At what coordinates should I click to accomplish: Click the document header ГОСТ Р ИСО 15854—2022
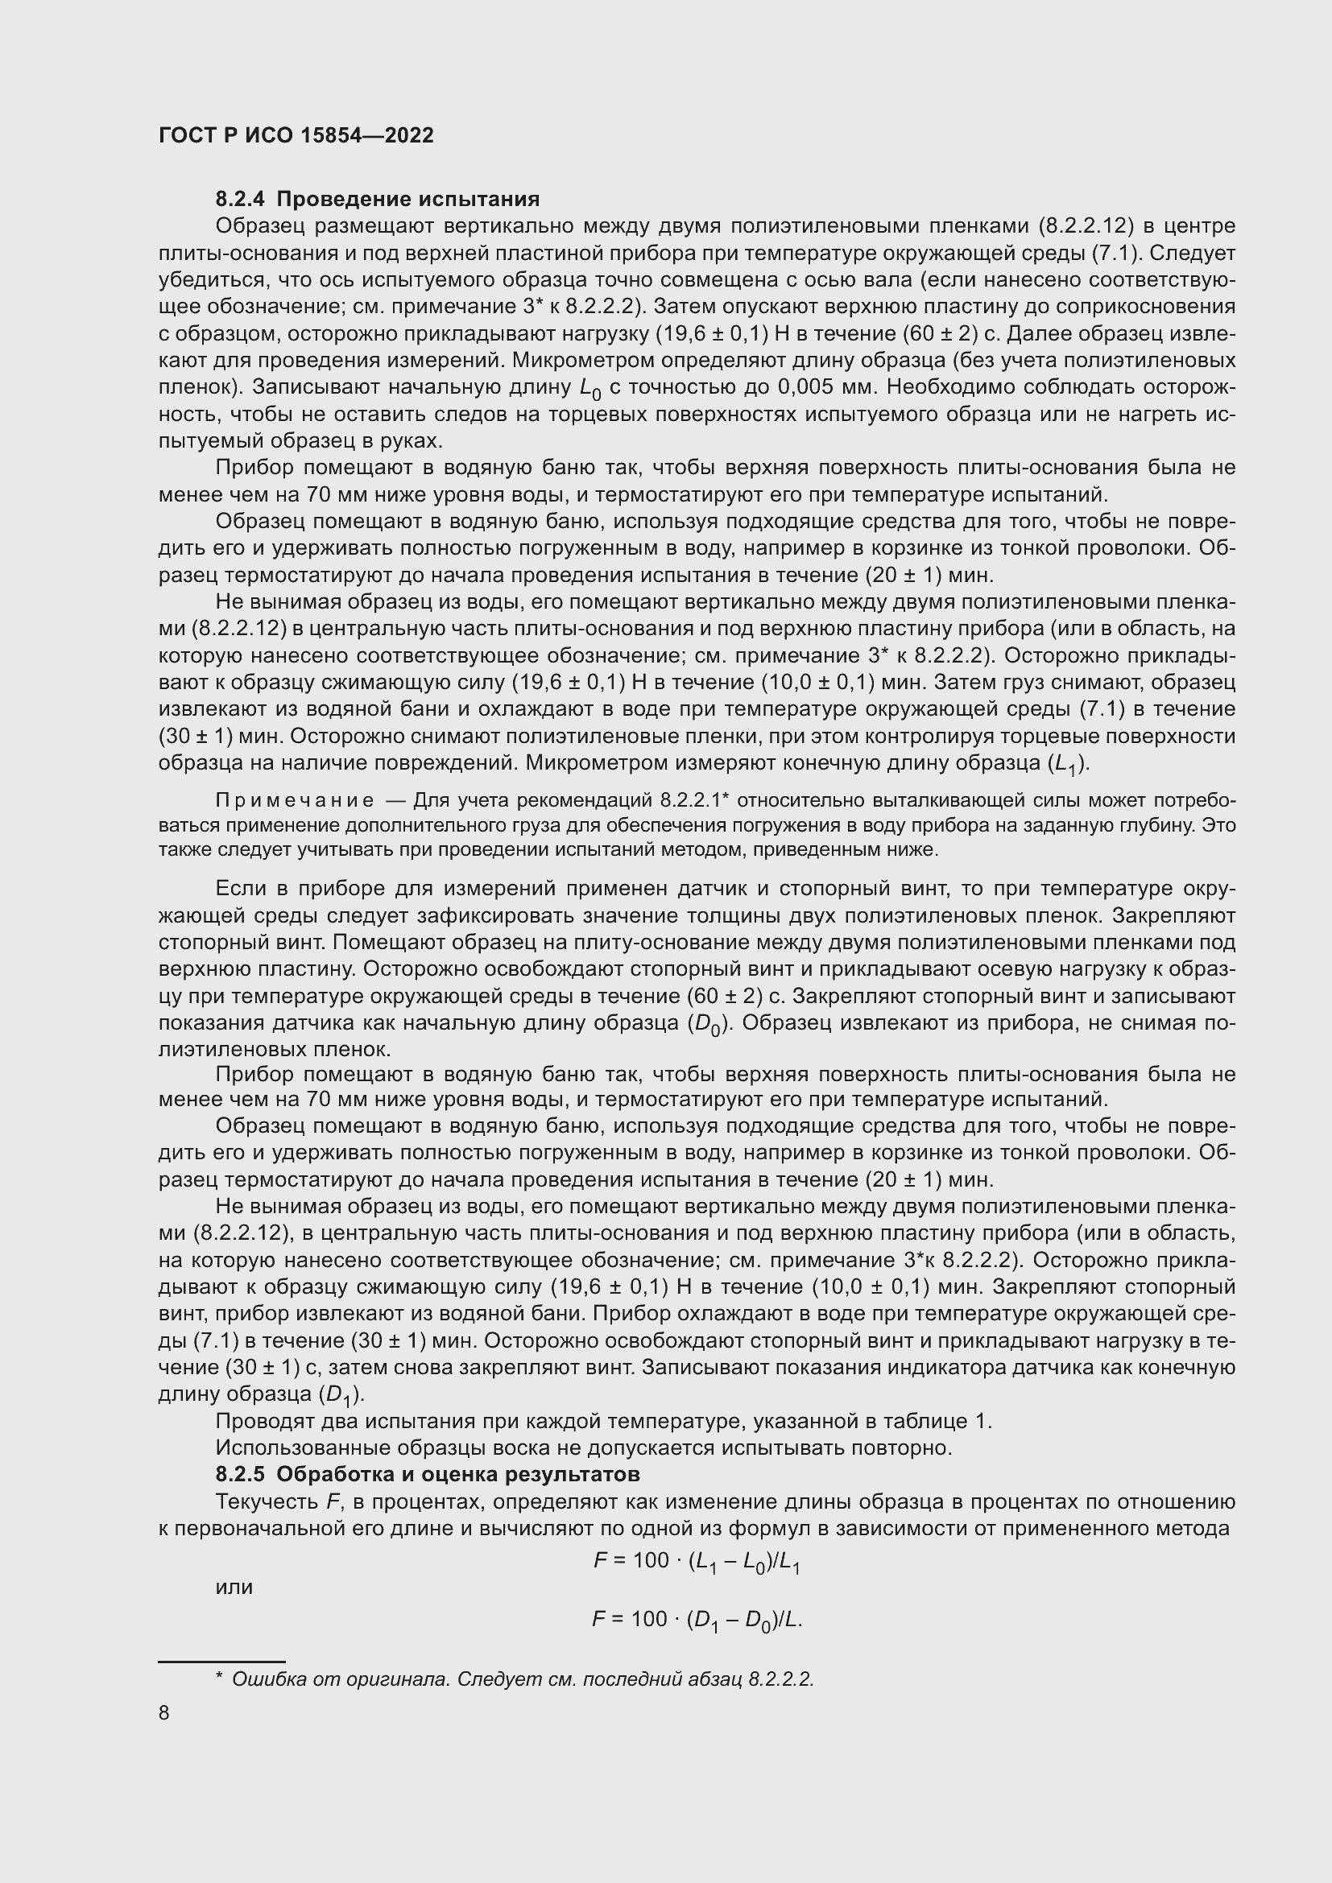coord(296,135)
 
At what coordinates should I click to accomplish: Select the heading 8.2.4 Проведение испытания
coord(377,200)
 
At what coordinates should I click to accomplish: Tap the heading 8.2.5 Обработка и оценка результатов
coord(428,1474)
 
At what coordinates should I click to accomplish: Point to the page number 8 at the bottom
coord(164,1713)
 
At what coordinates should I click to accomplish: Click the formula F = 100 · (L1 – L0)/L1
coord(697,1562)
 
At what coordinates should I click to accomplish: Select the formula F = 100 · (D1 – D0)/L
coord(697,1620)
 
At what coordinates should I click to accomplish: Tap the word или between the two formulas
coord(234,1587)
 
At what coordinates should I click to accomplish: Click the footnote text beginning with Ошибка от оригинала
coord(523,1679)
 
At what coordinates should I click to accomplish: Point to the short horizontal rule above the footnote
coord(221,1661)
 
